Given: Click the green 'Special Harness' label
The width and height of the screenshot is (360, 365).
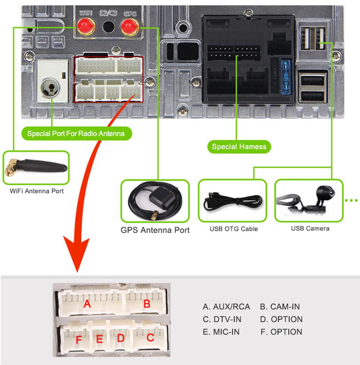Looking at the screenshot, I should coord(239,146).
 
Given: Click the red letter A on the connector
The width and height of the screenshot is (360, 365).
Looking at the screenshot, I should coord(88,304).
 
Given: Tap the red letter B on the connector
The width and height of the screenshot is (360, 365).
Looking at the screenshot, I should coord(147,304).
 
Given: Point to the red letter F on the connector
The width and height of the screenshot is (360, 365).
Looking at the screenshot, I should coord(79,339).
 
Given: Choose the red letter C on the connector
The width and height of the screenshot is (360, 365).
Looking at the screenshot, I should coord(150,337).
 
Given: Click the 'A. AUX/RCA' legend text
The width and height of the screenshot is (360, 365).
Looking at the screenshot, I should coord(226,307).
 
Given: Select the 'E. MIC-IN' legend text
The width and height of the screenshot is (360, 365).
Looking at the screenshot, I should coord(221,332).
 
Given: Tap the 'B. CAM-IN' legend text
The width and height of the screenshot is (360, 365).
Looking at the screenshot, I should coord(280,307).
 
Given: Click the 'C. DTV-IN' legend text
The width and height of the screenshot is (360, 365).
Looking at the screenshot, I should coord(222,319).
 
